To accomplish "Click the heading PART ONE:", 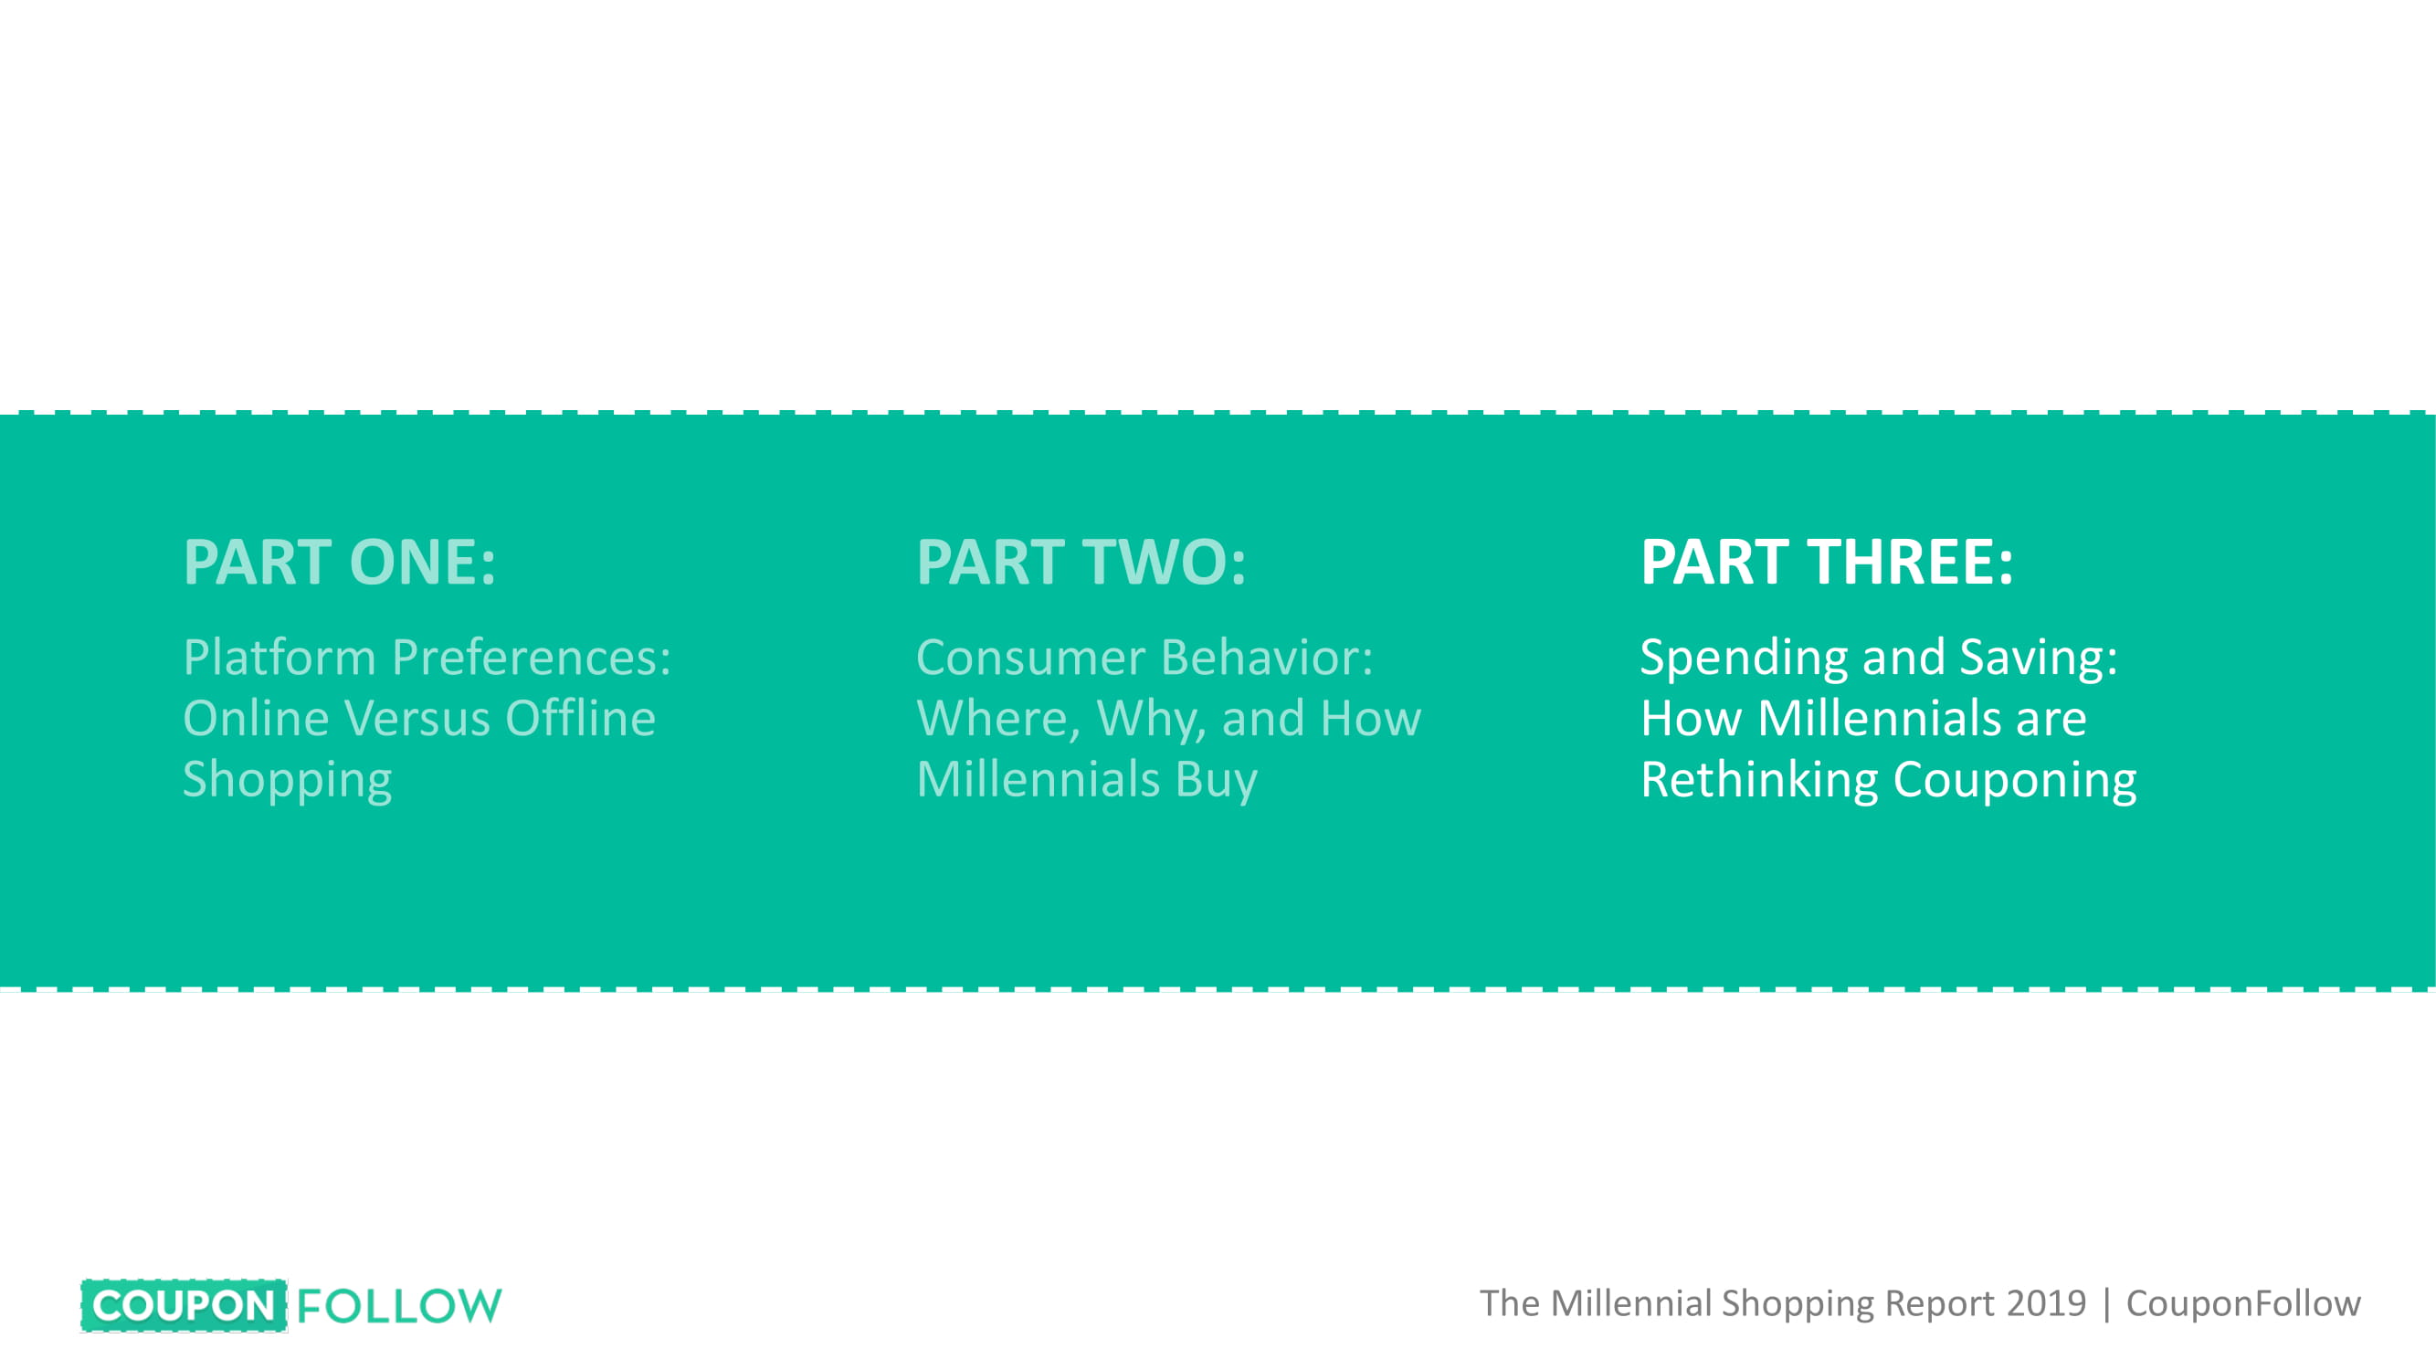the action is [340, 562].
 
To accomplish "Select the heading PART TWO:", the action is [1081, 562].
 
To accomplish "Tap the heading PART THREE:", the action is [1827, 562].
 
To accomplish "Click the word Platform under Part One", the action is [279, 657].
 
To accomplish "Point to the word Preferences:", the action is [532, 657].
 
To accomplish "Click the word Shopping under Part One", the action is [288, 781].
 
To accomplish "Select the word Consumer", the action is [1031, 657].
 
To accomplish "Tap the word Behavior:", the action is [1267, 657].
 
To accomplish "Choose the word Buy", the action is [1216, 781].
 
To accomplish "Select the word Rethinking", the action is [1759, 781].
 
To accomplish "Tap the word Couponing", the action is [2015, 781].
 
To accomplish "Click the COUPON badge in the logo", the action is [185, 1306].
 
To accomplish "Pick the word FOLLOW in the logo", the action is [399, 1306].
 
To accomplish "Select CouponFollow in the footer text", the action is [2243, 1303].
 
